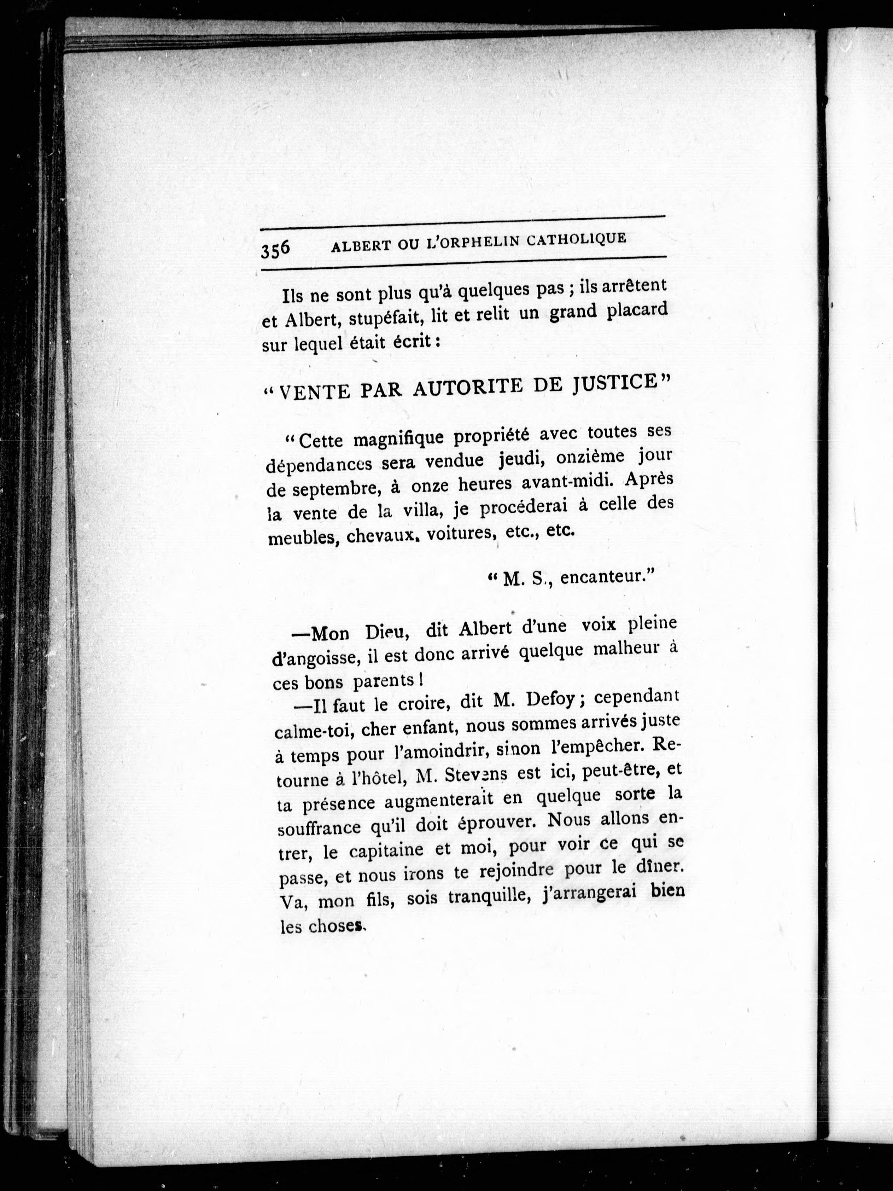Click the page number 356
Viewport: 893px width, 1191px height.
pos(275,249)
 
